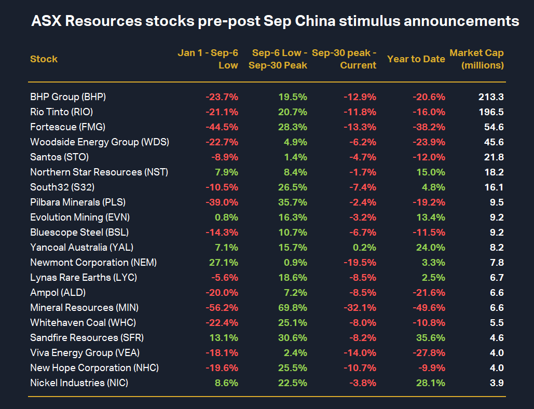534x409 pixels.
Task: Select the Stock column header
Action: tap(44, 59)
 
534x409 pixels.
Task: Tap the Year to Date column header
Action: tap(416, 59)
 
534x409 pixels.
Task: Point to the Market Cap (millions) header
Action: tap(476, 59)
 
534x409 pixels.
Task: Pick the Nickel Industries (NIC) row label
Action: tap(79, 383)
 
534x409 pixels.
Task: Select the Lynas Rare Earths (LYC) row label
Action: tap(84, 278)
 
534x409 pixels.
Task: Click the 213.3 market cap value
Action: tap(491, 97)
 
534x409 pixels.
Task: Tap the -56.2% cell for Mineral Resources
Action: tap(222, 308)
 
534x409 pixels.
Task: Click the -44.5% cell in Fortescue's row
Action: tap(222, 127)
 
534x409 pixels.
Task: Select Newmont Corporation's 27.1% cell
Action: tap(224, 263)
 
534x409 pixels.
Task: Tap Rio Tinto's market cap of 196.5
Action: tap(491, 112)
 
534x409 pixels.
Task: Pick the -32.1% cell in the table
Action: tap(360, 308)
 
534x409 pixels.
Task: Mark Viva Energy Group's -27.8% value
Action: tap(429, 353)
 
